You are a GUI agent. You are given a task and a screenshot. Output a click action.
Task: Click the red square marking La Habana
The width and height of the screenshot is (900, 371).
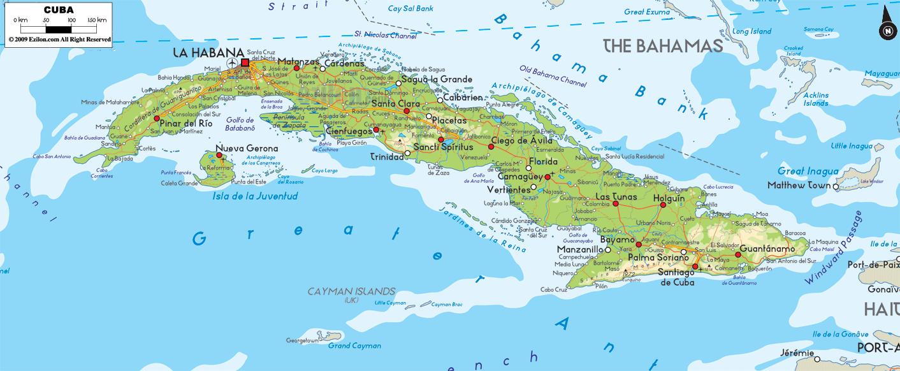point(245,62)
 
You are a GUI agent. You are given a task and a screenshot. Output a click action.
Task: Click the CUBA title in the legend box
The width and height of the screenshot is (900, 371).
point(59,10)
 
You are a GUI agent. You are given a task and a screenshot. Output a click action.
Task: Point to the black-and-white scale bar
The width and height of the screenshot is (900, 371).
point(59,29)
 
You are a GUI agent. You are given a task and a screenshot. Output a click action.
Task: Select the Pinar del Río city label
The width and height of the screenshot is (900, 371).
point(186,122)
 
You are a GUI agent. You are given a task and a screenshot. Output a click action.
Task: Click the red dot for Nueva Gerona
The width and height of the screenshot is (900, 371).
point(219,155)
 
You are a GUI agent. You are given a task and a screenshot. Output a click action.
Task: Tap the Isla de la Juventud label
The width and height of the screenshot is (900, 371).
point(255,196)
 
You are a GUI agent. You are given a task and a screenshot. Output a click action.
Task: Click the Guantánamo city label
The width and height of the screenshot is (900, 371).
point(767,249)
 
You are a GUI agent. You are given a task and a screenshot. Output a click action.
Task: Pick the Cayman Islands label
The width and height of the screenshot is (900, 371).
point(351,292)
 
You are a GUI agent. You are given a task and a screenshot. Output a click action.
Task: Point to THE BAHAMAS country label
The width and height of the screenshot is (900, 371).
point(663,46)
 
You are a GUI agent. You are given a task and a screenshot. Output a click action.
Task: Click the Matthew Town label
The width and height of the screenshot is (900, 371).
point(799,185)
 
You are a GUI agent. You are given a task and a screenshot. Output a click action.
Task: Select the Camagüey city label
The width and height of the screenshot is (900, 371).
point(519,177)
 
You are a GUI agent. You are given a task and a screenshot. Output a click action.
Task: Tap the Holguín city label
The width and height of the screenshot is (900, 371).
point(669,198)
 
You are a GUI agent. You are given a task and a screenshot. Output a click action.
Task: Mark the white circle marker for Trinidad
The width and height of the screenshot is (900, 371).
point(407,153)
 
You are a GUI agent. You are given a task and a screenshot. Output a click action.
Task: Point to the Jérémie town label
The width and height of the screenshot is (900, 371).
point(797,353)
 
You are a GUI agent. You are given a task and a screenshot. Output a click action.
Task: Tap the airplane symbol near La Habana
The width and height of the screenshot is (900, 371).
point(231,62)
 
